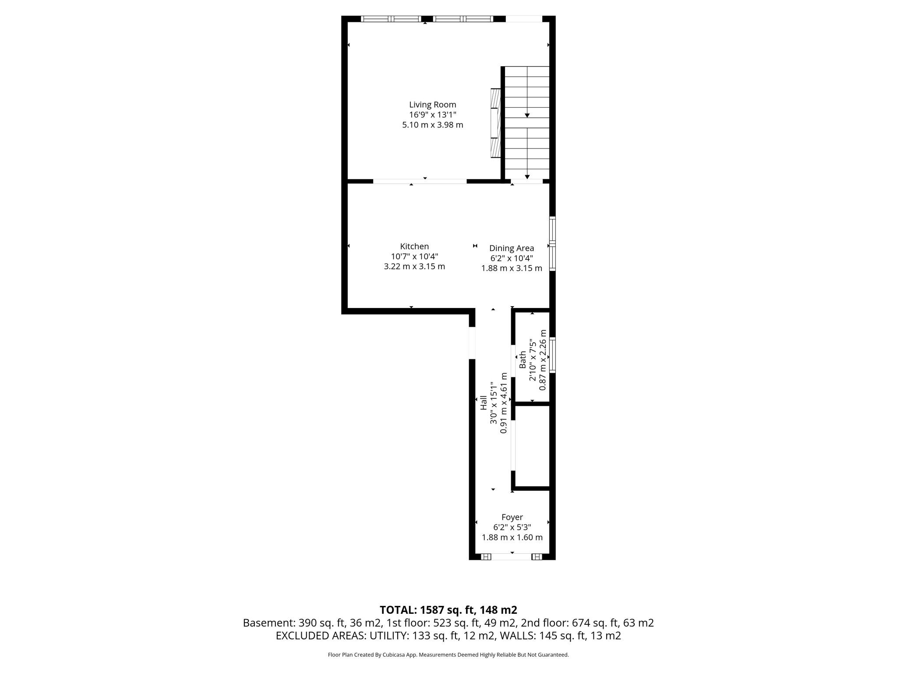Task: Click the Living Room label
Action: [x=432, y=105]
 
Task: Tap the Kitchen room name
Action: [x=414, y=247]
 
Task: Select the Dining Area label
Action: [x=512, y=248]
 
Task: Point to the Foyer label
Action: [x=512, y=517]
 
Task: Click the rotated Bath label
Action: [x=523, y=360]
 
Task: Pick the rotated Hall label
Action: [x=484, y=403]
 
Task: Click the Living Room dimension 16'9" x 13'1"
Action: [x=432, y=115]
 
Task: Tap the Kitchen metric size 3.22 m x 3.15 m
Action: [x=414, y=266]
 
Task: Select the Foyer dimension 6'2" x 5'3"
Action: [x=512, y=528]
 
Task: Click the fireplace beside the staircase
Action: [x=495, y=123]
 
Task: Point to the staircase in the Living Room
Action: [x=527, y=123]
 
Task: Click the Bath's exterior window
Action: [x=553, y=355]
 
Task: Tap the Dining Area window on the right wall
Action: [x=553, y=244]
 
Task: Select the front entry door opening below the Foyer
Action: [x=511, y=557]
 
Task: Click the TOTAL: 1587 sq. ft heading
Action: [x=448, y=610]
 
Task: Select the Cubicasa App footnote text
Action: [x=448, y=655]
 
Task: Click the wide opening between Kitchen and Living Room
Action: [x=420, y=181]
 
